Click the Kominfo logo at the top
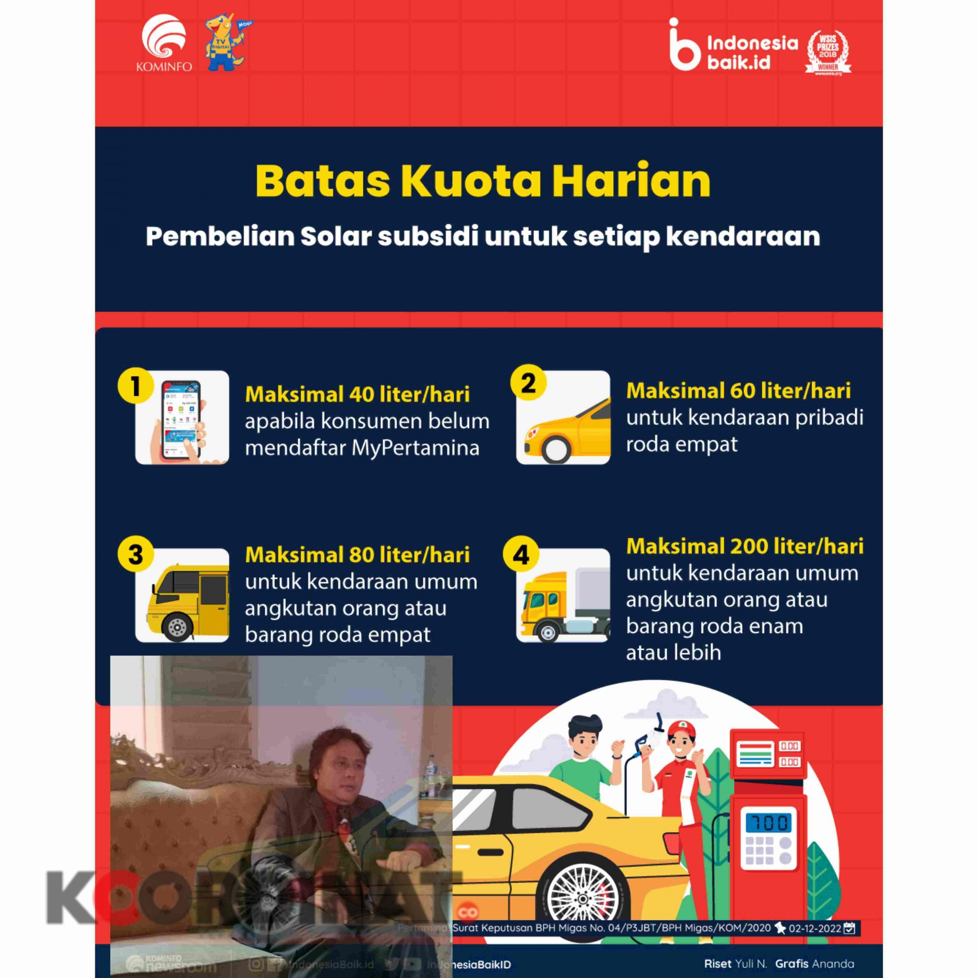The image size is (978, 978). coord(164,45)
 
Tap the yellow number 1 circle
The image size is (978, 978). coord(135,386)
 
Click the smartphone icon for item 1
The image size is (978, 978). coord(182,418)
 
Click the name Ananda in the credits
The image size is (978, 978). coord(834,964)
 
